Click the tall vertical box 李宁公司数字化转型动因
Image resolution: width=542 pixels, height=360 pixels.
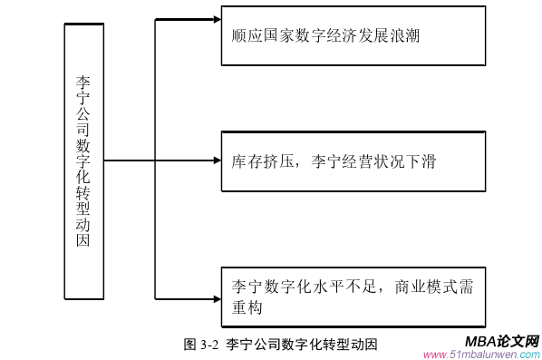pyautogui.click(x=83, y=161)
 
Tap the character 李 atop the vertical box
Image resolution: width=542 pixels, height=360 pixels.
pyautogui.click(x=83, y=81)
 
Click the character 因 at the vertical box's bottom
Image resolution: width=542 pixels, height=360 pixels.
pyautogui.click(x=83, y=241)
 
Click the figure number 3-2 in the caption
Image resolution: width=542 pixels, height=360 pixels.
pyautogui.click(x=209, y=345)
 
